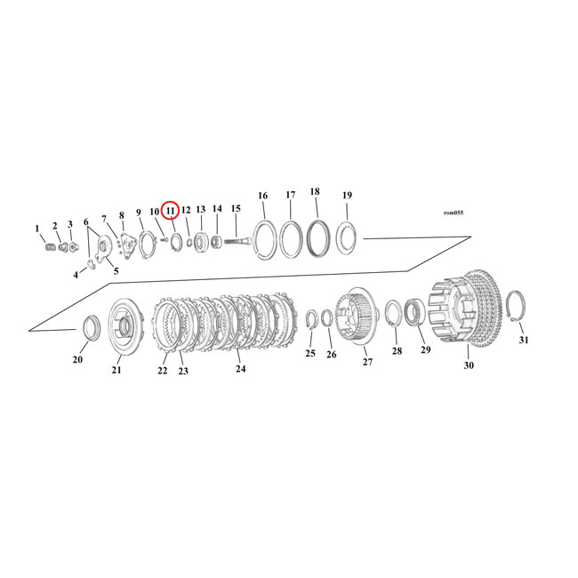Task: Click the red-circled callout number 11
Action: pos(171,210)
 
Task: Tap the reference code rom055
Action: pos(453,213)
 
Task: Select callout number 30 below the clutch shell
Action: pos(469,365)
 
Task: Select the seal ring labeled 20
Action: pos(89,328)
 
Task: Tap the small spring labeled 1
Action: pos(50,246)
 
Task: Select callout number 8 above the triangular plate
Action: pos(122,215)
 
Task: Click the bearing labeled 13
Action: pos(201,240)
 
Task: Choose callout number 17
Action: pos(291,195)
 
